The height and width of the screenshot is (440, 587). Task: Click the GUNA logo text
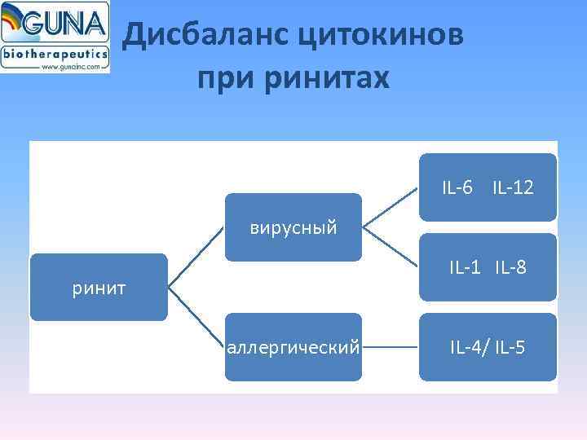point(66,25)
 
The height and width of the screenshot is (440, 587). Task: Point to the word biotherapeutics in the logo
point(55,54)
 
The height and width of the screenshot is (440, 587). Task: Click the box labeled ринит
point(99,287)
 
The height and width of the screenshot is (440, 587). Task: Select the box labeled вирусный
point(293,227)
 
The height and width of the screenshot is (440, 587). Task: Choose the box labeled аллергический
point(293,347)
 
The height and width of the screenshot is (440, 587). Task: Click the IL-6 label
point(457,188)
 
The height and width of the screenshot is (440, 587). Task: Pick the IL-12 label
point(513,188)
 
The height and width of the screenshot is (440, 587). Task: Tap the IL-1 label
point(466,266)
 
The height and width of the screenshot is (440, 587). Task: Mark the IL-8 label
point(510,266)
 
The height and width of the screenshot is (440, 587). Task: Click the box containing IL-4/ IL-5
point(488,347)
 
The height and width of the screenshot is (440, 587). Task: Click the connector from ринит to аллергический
point(196,317)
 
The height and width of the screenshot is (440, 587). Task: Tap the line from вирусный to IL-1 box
point(390,246)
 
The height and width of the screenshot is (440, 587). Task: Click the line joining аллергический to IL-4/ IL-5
point(390,347)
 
